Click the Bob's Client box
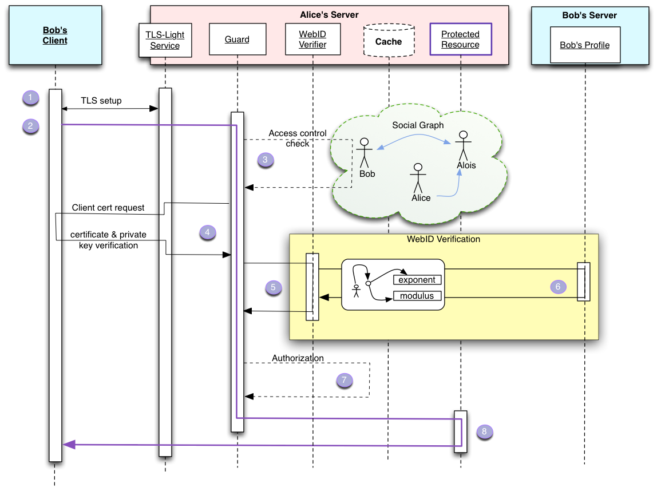coord(55,35)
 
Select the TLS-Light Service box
coord(165,40)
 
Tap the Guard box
coord(237,39)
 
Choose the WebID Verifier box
coord(312,39)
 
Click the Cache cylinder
coord(389,41)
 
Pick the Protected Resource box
coord(460,39)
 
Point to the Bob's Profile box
coord(584,45)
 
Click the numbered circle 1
coord(30,97)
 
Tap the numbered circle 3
coord(265,160)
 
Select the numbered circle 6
coord(558,287)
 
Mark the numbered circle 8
coord(484,431)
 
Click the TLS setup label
coord(101,101)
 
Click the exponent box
coord(417,280)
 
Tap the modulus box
coord(417,296)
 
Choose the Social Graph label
coord(418,125)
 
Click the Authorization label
coord(298,358)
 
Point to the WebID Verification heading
coord(444,239)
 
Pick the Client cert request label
coord(108,208)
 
